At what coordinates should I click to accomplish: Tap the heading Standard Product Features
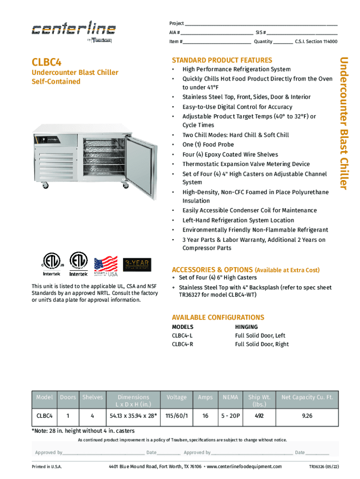(x=222, y=60)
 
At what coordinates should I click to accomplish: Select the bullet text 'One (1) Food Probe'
(x=208, y=145)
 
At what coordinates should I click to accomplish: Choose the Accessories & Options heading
(x=212, y=270)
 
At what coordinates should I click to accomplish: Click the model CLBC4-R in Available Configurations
(x=182, y=344)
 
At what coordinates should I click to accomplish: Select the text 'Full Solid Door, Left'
(x=260, y=335)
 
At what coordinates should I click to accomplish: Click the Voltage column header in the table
(x=176, y=397)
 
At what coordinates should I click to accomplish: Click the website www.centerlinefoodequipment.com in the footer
(x=244, y=466)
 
